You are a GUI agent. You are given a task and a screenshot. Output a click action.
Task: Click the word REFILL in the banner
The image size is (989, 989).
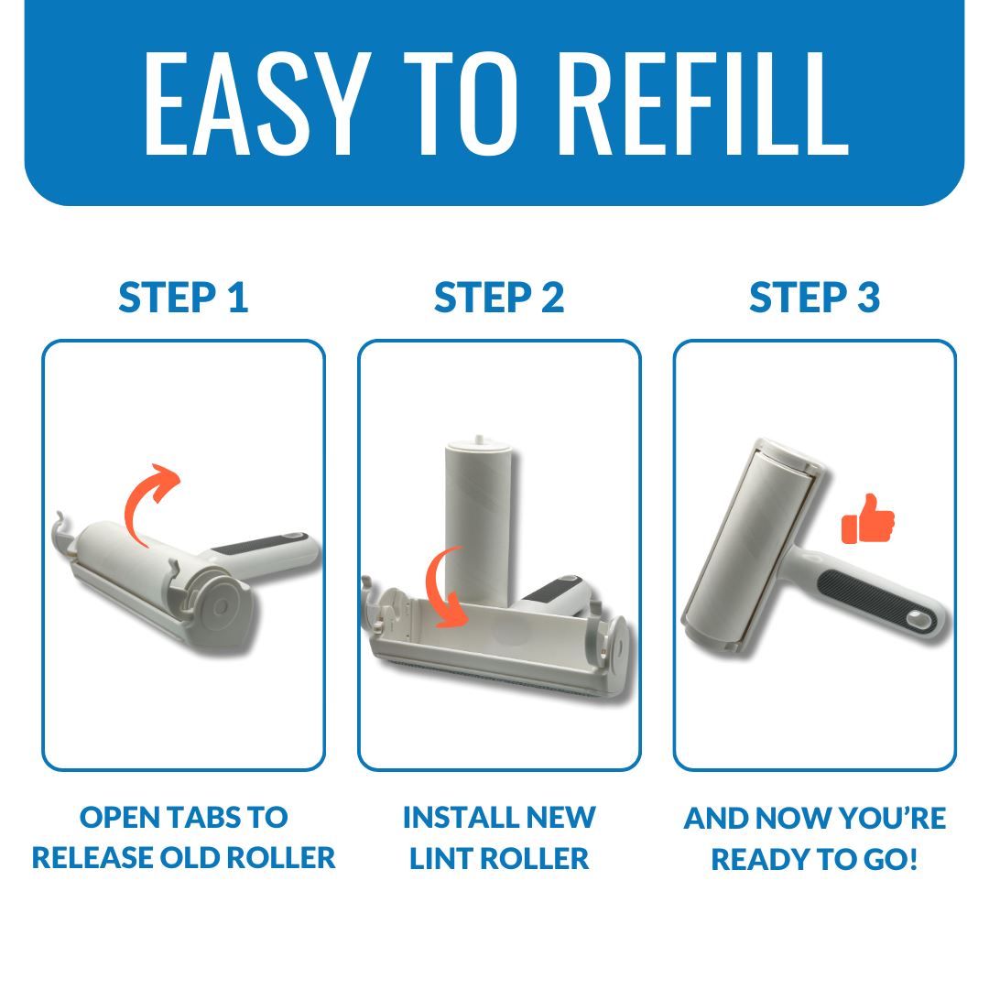pyautogui.click(x=703, y=103)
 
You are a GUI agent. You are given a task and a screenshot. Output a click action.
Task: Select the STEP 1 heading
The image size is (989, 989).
pyautogui.click(x=183, y=297)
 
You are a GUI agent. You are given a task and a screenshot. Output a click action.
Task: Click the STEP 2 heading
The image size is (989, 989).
pyautogui.click(x=499, y=297)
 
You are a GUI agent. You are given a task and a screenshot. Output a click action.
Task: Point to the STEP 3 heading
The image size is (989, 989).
pyautogui.click(x=814, y=297)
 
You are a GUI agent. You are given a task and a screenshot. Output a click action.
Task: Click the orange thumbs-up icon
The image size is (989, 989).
pyautogui.click(x=868, y=520)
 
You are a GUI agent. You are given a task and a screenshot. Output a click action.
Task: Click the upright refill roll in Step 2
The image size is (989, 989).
pyautogui.click(x=479, y=524)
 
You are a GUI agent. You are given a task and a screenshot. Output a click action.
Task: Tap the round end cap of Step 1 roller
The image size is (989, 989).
pyautogui.click(x=222, y=605)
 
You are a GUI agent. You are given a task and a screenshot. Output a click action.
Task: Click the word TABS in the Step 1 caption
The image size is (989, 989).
pyautogui.click(x=203, y=818)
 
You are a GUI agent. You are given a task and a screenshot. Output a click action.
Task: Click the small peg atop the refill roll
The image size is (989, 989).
pyautogui.click(x=479, y=439)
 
